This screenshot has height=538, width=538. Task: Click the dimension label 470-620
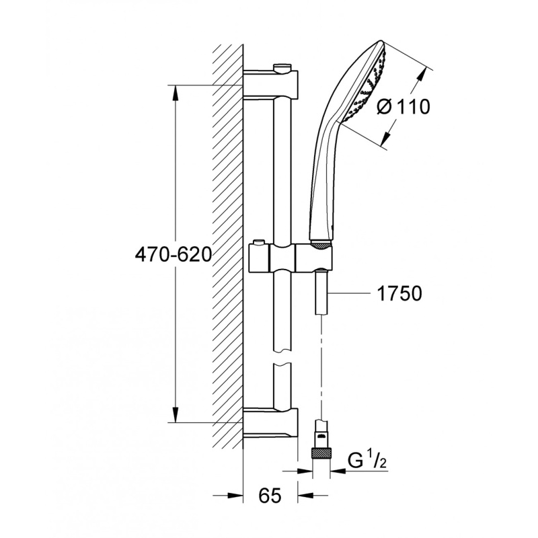click(173, 255)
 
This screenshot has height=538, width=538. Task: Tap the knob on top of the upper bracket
click(282, 67)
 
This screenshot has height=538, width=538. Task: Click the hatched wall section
click(228, 256)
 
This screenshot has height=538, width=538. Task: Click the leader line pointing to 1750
click(350, 293)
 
